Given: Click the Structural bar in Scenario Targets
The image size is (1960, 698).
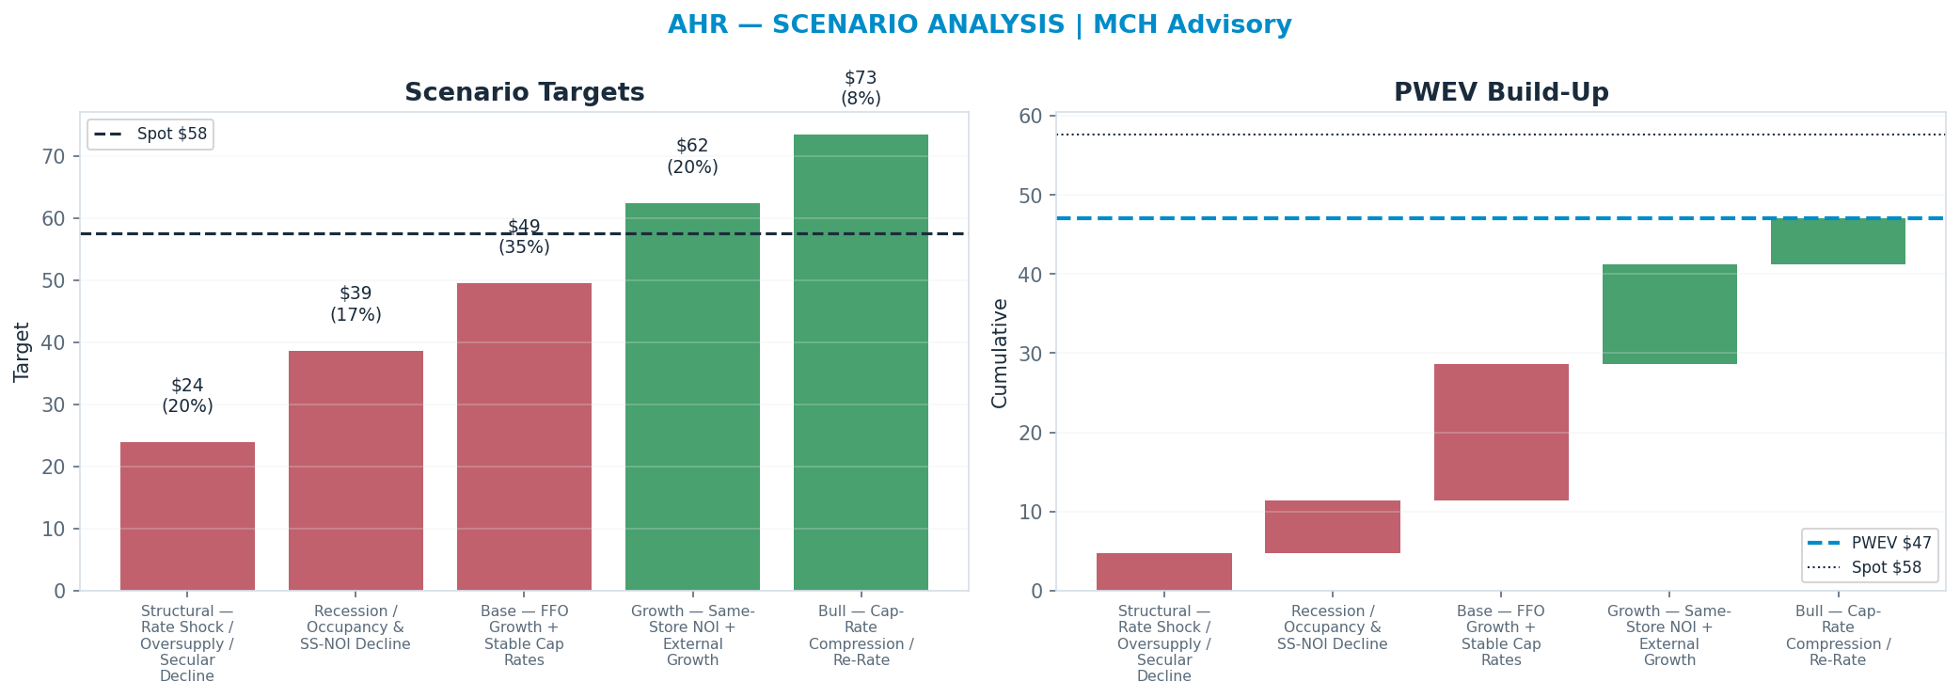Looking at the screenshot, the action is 187,516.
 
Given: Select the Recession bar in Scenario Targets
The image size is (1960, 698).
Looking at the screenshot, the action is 356,470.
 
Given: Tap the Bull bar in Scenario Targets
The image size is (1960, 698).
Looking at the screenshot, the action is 861,362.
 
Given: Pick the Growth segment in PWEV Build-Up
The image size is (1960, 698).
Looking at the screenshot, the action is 1669,314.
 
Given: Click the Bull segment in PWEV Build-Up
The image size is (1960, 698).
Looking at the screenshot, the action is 1838,241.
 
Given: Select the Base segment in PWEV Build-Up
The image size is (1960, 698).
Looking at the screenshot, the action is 1501,432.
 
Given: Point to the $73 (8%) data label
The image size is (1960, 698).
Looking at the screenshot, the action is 861,87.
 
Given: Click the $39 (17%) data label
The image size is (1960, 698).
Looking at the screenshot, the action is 356,304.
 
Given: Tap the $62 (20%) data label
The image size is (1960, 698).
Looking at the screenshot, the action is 692,156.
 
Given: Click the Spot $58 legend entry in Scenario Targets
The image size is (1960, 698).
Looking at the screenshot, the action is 150,134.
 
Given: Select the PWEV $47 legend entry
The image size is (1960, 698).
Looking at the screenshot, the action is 1870,543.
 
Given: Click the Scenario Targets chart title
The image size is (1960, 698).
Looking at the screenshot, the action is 525,93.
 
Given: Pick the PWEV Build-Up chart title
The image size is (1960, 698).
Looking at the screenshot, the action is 1501,93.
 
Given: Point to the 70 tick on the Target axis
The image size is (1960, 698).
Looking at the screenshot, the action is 54,156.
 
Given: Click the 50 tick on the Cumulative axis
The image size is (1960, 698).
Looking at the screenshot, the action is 1031,195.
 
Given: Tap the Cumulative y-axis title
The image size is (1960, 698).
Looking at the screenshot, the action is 1000,353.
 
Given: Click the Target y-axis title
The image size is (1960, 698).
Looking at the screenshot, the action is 23,352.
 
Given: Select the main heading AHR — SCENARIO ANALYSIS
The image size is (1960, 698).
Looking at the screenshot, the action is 866,25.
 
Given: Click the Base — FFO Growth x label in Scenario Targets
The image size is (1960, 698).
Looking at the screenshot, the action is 524,636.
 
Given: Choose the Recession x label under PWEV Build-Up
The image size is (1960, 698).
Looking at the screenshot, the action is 1333,627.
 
